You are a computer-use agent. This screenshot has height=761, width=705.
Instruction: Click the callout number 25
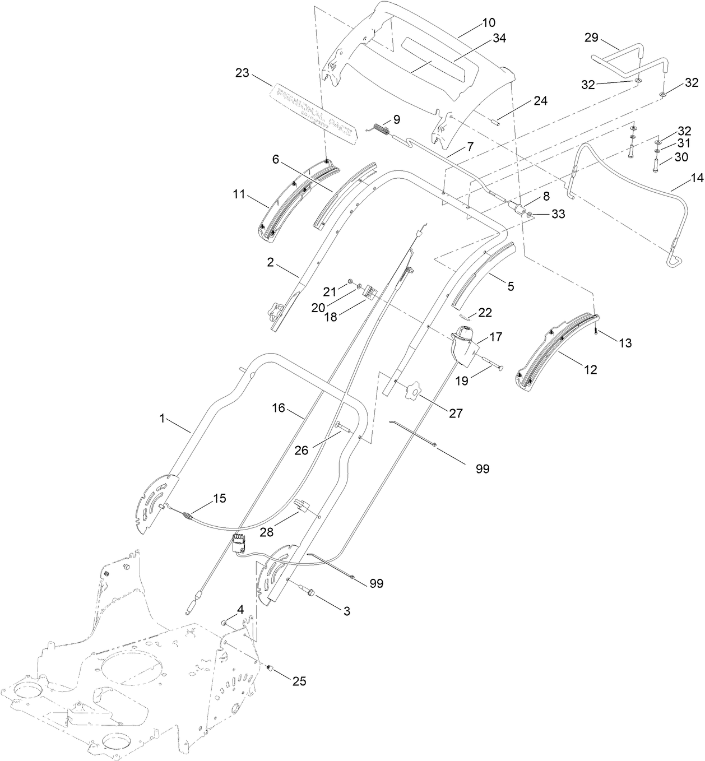(299, 681)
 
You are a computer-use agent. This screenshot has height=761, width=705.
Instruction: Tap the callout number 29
(591, 38)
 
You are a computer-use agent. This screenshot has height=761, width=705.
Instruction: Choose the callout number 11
(240, 196)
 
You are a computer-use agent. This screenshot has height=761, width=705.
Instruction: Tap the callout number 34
(499, 38)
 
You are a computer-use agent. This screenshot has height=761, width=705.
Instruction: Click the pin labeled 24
(495, 120)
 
